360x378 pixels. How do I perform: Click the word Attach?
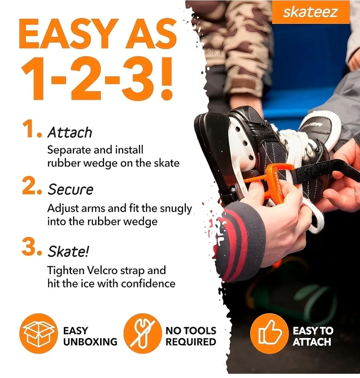(70, 133)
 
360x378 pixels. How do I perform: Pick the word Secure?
(70, 190)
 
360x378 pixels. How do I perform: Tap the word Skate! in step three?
(68, 251)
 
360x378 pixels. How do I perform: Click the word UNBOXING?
(90, 342)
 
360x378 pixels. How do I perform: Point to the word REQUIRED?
(191, 342)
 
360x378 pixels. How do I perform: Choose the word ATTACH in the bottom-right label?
(312, 342)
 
